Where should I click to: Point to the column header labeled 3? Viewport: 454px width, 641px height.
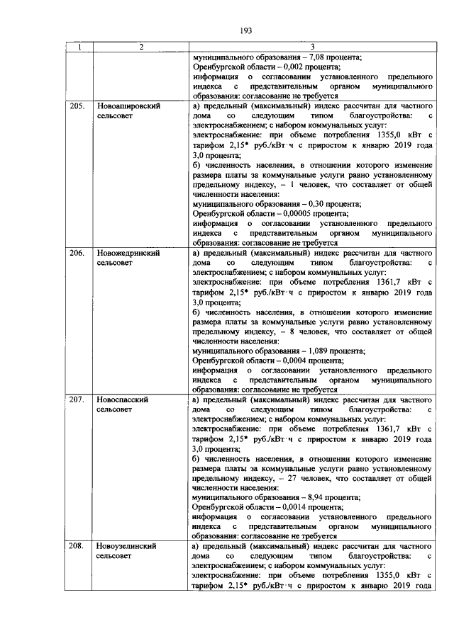tap(312, 47)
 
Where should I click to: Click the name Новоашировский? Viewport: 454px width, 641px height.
tap(128, 106)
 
